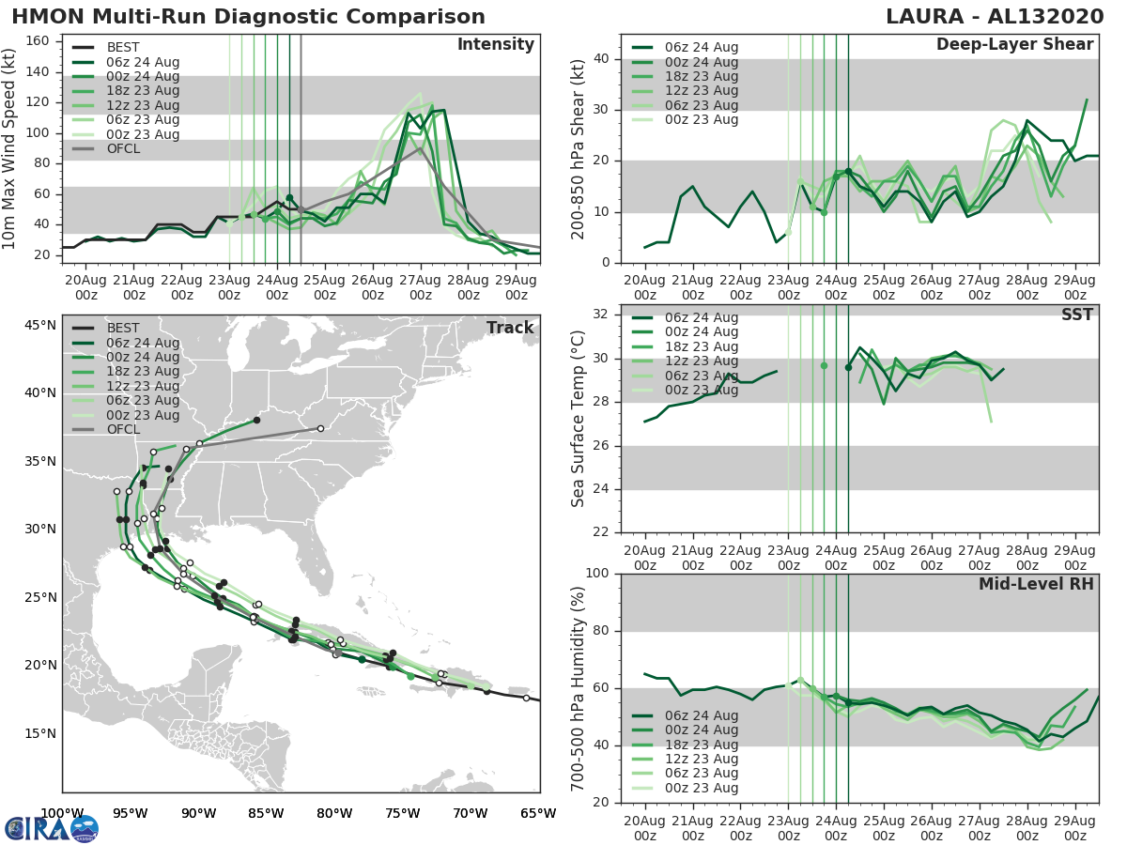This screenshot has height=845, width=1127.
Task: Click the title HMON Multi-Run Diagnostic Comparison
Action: click(248, 17)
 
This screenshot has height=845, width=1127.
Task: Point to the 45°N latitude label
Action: click(40, 325)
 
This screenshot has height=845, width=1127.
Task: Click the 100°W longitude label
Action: click(62, 813)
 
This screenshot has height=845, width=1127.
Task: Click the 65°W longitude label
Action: click(538, 813)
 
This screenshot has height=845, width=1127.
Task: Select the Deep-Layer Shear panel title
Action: click(1014, 45)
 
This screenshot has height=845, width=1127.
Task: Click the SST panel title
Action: click(1077, 315)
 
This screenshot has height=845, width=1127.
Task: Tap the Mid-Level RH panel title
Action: click(1036, 585)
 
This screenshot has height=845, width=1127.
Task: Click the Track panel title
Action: click(510, 328)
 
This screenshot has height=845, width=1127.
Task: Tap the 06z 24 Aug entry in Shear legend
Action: click(701, 48)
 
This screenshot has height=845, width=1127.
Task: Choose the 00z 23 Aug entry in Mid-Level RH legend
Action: click(701, 788)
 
